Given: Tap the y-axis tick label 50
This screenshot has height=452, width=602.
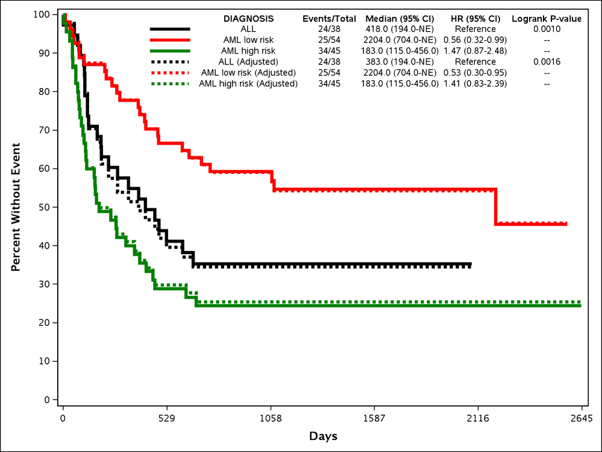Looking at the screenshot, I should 43,207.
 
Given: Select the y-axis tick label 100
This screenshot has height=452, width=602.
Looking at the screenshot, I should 41,14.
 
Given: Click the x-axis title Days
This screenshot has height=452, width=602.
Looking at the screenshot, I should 323,436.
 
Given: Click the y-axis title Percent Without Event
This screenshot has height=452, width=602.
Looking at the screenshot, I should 16,207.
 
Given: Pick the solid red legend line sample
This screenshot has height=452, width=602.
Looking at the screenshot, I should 170,40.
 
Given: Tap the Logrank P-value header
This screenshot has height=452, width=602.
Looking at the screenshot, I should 547,19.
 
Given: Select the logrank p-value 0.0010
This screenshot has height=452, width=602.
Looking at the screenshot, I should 547,29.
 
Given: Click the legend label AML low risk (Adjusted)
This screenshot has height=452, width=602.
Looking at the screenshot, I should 248,73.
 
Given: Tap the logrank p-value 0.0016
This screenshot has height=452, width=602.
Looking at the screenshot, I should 547,62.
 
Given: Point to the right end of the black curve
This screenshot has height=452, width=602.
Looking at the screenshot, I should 471,265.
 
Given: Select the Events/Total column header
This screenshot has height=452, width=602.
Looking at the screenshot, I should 329,19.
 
